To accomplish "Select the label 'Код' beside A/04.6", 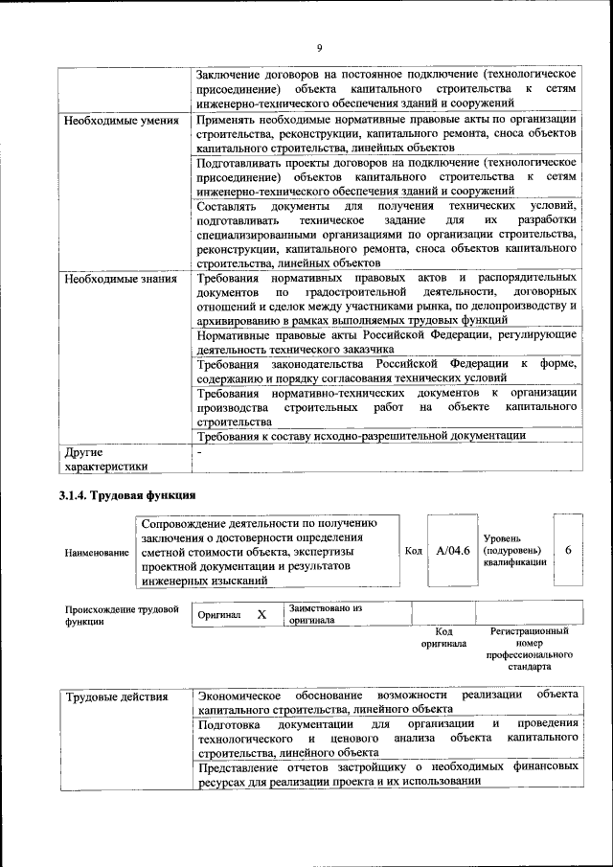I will click(x=413, y=552).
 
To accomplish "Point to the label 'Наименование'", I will click(x=97, y=553).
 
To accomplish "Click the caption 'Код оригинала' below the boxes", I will click(x=443, y=638).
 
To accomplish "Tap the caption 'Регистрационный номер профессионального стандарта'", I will click(x=530, y=648).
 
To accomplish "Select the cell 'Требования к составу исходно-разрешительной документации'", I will click(x=362, y=435).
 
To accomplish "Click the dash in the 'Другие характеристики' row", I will click(x=199, y=451).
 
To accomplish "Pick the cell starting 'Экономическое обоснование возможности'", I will click(x=387, y=702).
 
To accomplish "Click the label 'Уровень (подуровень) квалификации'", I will click(x=515, y=551).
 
